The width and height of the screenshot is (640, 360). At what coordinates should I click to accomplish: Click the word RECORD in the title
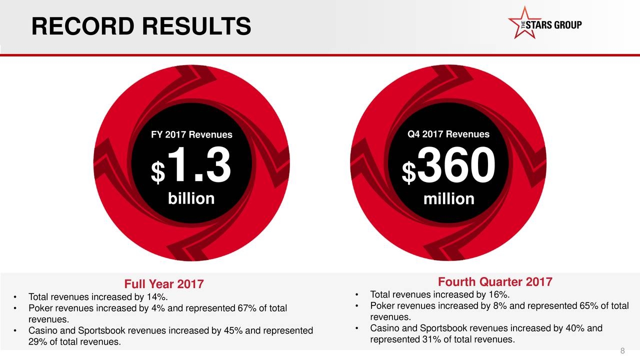tap(83, 26)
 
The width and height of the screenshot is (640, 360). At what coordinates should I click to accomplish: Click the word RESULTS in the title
tap(196, 26)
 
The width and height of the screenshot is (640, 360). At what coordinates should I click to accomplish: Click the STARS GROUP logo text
tap(553, 25)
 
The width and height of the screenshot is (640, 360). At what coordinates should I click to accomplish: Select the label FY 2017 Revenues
tap(191, 134)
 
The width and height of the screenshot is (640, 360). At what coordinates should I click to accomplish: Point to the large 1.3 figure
tap(199, 164)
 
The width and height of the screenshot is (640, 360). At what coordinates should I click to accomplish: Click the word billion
tap(191, 198)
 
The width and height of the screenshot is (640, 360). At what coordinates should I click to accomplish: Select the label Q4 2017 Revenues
tap(448, 134)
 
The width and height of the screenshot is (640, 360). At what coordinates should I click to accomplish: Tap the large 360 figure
tap(456, 165)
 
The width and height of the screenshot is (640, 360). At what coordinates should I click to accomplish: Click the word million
tap(449, 198)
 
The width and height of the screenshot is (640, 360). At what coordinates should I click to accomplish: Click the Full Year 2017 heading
tap(164, 284)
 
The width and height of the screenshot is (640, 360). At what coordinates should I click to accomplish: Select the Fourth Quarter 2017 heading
tap(495, 281)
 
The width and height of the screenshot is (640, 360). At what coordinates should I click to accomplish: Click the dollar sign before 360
tap(409, 172)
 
